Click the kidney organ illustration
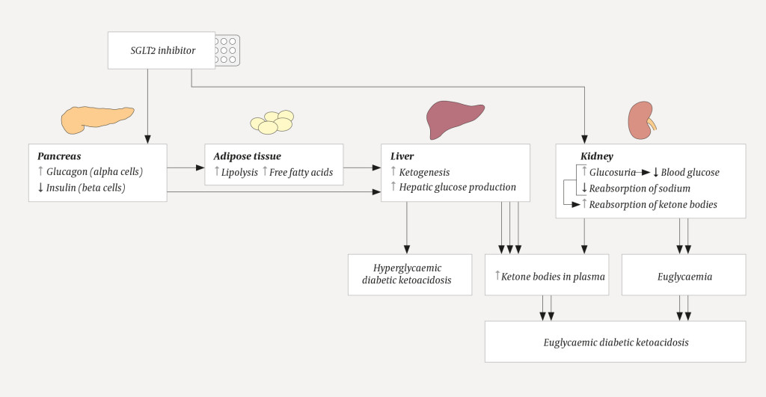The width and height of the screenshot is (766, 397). click(641, 120)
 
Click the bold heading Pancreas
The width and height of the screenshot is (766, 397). click(59, 156)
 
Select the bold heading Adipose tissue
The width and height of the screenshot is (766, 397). click(247, 156)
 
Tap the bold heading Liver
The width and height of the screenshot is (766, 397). click(402, 156)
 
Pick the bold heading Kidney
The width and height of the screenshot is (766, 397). click(597, 156)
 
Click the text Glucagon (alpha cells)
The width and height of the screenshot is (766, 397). click(94, 172)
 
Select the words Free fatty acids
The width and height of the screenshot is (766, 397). click(301, 172)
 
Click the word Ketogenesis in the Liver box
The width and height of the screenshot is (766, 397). click(424, 172)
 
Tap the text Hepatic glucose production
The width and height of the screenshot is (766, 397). click(457, 187)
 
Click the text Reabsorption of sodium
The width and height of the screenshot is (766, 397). click(640, 188)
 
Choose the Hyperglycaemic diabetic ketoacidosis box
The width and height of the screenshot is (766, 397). click(409, 274)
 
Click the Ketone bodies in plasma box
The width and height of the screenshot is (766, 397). click(549, 276)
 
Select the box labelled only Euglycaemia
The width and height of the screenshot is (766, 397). click(683, 276)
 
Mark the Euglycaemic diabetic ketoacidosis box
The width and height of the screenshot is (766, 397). click(615, 342)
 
